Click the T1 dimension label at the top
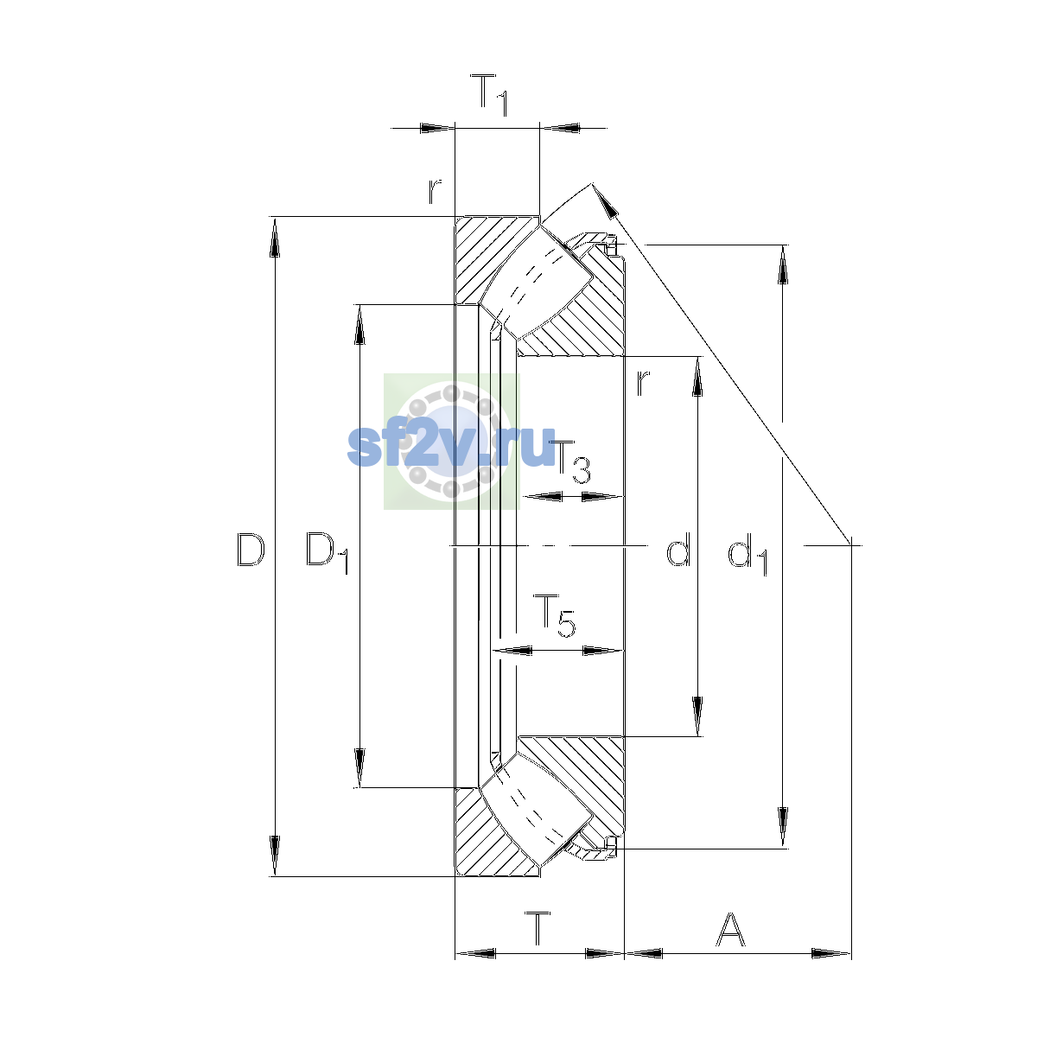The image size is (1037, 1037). tap(488, 95)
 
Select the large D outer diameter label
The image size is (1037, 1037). tap(251, 550)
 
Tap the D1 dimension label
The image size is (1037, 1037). tap(328, 552)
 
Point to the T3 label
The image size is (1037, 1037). tap(570, 461)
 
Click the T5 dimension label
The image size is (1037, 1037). tap(554, 615)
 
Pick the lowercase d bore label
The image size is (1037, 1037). tap(678, 549)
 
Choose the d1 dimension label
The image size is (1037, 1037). tap(748, 553)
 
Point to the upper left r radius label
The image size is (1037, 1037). tap(435, 191)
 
